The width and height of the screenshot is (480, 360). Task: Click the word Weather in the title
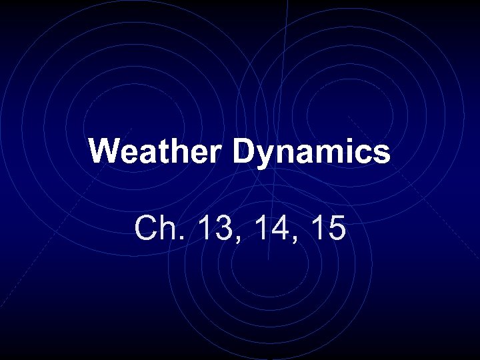[157, 152]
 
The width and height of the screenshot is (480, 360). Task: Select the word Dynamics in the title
[311, 152]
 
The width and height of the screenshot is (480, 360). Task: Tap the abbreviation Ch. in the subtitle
[157, 229]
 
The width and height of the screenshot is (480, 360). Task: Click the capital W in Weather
[103, 152]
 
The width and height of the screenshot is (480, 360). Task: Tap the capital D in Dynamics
[243, 152]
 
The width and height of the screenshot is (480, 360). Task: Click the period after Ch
[176, 239]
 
